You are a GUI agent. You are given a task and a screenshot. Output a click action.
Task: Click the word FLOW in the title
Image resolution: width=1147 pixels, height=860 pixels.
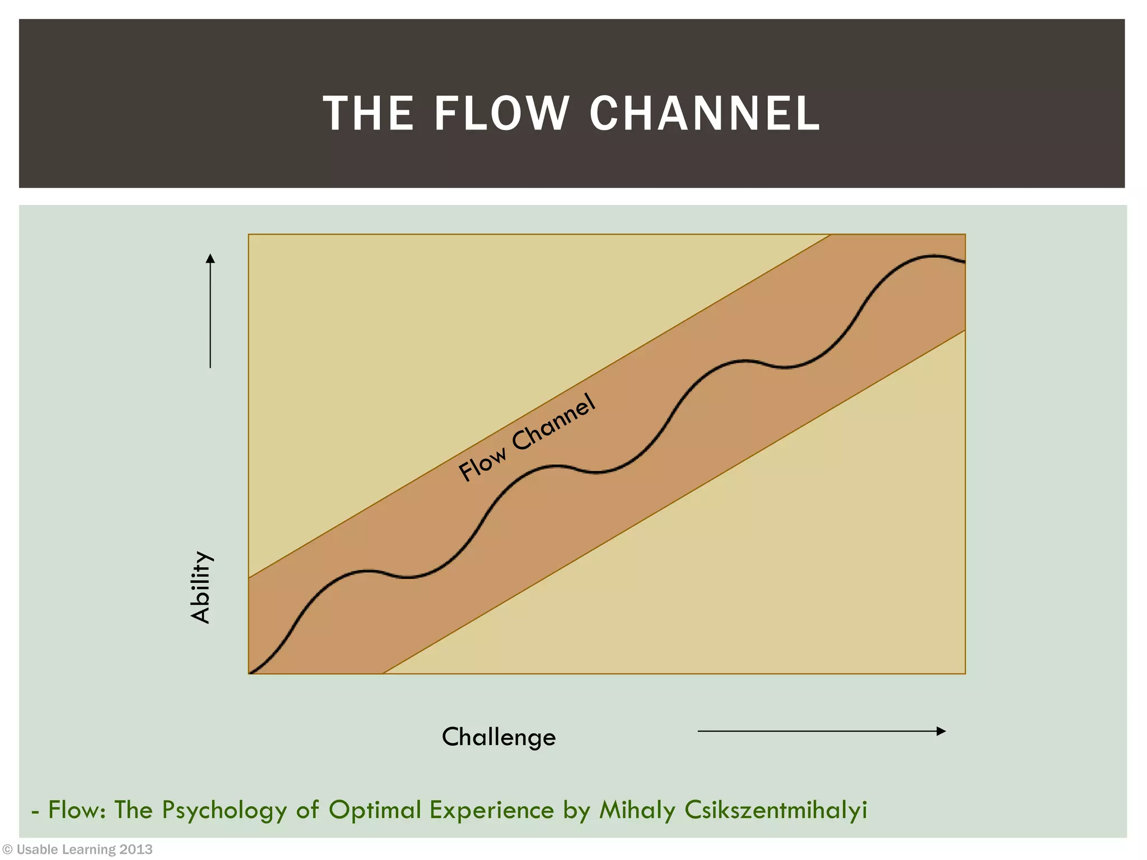502,114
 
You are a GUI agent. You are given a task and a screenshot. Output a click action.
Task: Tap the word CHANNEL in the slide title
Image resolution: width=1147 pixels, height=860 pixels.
705,114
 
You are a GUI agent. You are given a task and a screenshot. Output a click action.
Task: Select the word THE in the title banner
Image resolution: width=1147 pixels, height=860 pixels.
368,114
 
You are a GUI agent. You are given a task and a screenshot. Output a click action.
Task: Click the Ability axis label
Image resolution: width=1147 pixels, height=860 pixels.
201,587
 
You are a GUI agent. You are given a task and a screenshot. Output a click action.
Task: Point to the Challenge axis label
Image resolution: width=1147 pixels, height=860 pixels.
498,737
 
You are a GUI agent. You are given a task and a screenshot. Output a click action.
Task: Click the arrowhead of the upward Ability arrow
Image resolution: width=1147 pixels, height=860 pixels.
210,258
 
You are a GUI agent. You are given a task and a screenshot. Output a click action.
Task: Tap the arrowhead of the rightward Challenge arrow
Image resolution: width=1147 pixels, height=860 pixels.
941,731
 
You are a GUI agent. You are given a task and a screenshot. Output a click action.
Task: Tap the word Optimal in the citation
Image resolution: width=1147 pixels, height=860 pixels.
375,810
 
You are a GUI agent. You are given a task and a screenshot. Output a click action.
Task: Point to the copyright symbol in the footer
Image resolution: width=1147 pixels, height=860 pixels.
7,850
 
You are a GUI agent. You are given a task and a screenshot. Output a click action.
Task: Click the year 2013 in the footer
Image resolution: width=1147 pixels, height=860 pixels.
136,850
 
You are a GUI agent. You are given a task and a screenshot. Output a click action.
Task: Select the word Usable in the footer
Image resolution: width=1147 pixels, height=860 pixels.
37,850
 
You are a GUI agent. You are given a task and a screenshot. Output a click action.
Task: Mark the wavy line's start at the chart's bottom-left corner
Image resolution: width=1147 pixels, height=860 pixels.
250,672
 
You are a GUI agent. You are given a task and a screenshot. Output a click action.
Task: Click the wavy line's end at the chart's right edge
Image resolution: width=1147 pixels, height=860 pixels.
964,261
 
